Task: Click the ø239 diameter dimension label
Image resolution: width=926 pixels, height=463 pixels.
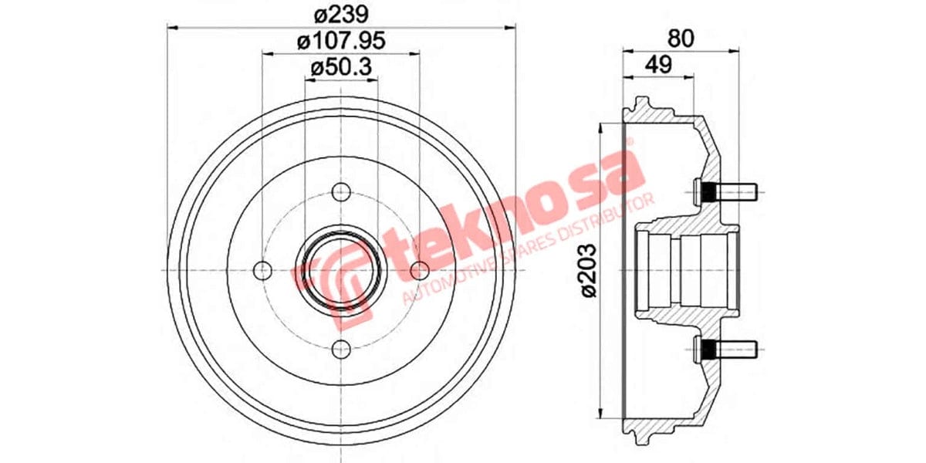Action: click(x=340, y=13)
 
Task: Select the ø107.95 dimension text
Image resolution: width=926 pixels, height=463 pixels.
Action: click(x=340, y=41)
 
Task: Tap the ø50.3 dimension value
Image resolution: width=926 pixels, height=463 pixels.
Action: click(x=340, y=68)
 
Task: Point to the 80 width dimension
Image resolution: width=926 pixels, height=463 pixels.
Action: click(x=680, y=36)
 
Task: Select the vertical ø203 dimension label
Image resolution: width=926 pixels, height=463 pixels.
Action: click(x=590, y=270)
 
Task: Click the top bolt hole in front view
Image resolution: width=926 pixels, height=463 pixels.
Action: click(x=340, y=192)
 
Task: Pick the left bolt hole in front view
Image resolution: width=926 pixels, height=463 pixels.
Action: click(x=262, y=271)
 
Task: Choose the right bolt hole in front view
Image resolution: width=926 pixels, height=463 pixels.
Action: click(x=419, y=271)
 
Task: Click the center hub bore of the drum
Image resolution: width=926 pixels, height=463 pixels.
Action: click(x=340, y=270)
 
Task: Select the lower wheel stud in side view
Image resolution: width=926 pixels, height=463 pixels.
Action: click(x=726, y=350)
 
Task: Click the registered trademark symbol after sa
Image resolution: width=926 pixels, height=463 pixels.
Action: click(x=629, y=144)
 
